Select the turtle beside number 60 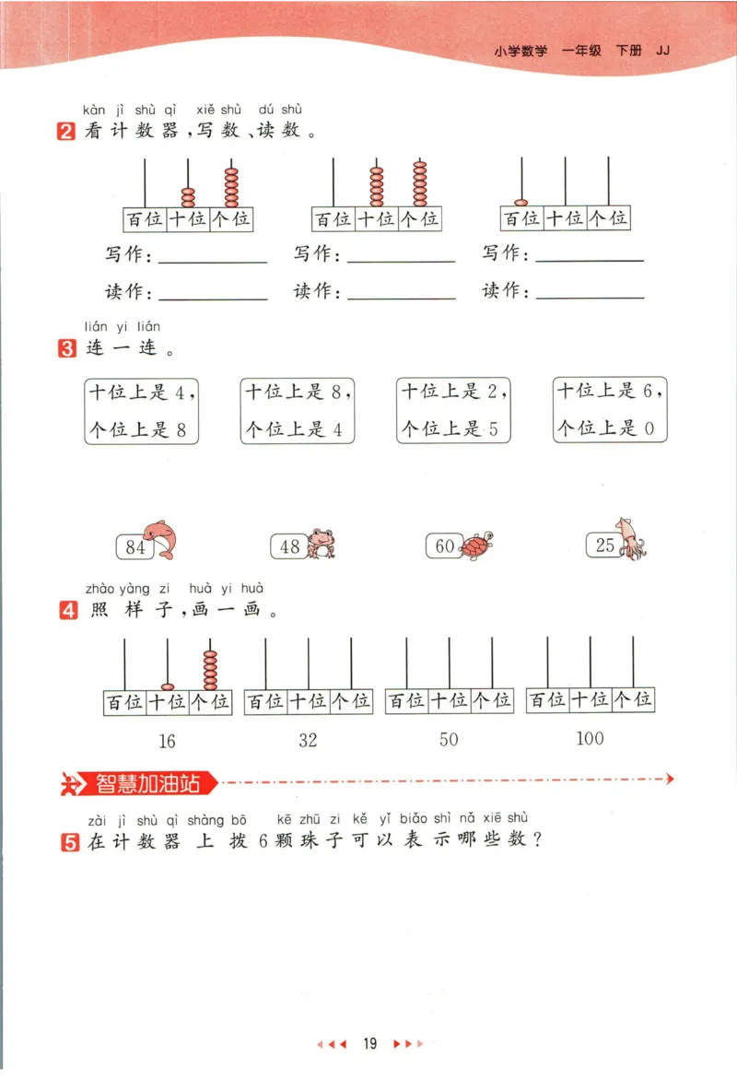coord(476,545)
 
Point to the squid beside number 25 coord(633,538)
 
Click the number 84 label coord(135,547)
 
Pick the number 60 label coord(444,546)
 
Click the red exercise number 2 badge coord(66,132)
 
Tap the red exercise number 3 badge coord(66,350)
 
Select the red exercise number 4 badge coord(68,610)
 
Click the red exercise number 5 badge coord(69,841)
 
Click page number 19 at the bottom coord(369,1044)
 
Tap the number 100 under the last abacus coord(590,738)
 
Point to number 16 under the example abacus coord(167,741)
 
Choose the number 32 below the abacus coord(308,741)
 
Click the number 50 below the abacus coord(449,740)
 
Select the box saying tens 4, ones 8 coord(141,410)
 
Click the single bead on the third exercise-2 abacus coord(521,202)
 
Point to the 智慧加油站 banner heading coord(147,784)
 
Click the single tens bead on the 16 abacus coord(168,686)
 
